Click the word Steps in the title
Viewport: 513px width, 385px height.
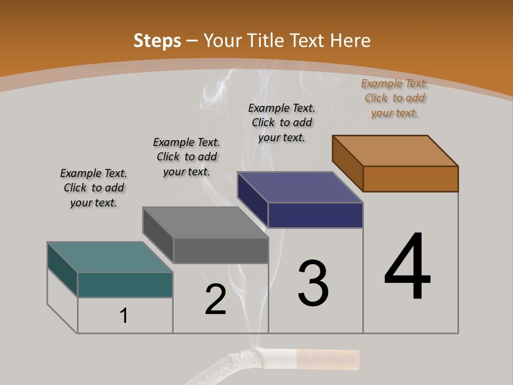(157, 41)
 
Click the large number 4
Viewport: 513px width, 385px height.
(407, 267)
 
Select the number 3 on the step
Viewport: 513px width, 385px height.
(313, 283)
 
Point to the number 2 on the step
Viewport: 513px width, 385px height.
(215, 299)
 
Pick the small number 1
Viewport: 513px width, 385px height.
(124, 316)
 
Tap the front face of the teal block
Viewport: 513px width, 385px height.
(125, 284)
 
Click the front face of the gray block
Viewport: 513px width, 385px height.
(220, 250)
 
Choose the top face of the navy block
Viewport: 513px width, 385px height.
(300, 187)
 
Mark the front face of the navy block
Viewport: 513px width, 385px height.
(315, 215)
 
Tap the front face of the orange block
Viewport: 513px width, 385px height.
(410, 179)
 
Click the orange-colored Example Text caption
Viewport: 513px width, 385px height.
(394, 98)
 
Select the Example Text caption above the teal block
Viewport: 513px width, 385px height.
(94, 188)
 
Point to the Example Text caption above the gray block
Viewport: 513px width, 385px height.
(186, 157)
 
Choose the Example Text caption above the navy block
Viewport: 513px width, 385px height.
(282, 122)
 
